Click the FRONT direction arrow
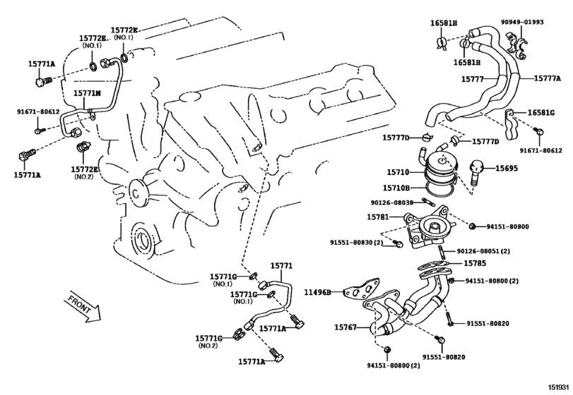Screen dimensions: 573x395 (x=83, y=308)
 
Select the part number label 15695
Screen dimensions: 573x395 (x=507, y=169)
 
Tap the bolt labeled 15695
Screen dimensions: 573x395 (x=475, y=172)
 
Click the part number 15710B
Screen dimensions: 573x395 (x=396, y=188)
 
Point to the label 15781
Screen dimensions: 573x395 (x=378, y=217)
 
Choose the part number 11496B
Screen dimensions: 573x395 (x=318, y=292)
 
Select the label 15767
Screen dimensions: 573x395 (x=345, y=327)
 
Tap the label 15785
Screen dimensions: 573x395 (x=475, y=263)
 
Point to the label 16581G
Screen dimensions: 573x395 (x=540, y=113)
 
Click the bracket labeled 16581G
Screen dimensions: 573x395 (x=512, y=124)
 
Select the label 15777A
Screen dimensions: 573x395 (x=547, y=78)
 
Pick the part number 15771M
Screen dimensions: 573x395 (x=87, y=93)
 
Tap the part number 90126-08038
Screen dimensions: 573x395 (x=391, y=202)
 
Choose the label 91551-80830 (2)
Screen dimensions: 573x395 (x=356, y=243)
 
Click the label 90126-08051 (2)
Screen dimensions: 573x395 (x=483, y=251)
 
